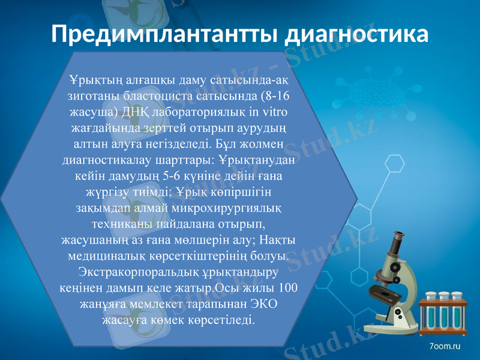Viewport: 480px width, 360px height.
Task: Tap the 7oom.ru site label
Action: coord(445,346)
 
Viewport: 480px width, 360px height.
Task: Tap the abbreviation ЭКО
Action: coord(262,304)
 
